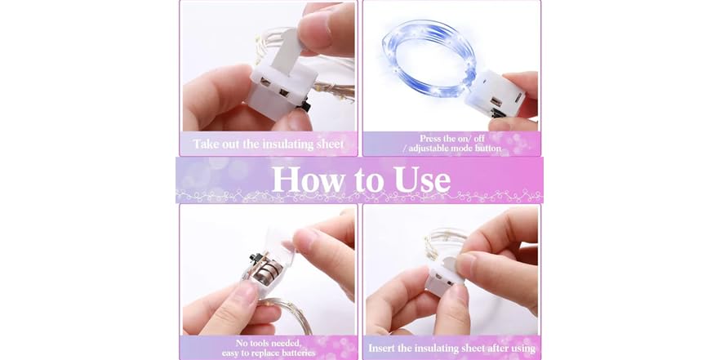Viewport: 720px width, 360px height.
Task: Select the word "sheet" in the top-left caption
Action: click(330, 144)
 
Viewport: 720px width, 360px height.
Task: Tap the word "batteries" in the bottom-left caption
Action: click(299, 353)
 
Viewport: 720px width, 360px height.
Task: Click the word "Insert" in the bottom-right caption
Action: click(381, 348)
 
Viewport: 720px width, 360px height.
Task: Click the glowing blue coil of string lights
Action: click(429, 58)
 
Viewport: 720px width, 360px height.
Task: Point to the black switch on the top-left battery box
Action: click(305, 106)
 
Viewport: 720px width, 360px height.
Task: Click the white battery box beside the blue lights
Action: click(495, 94)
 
